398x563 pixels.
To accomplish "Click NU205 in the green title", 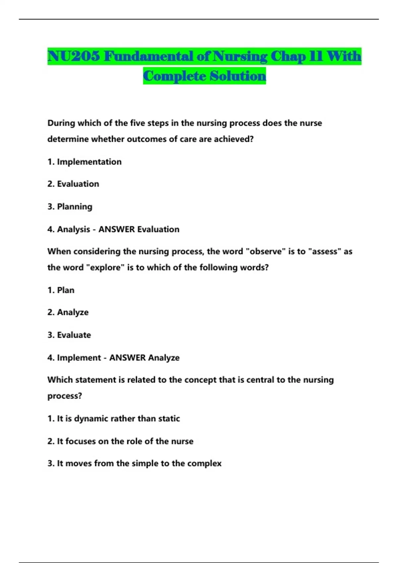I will pos(73,56).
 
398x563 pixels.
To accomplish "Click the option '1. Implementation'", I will pos(84,162).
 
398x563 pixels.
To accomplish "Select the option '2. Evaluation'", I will pos(73,184).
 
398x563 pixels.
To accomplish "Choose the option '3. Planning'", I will pos(70,207).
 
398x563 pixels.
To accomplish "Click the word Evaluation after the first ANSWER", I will pos(158,229).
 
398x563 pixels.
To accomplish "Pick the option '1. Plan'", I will pos(61,290).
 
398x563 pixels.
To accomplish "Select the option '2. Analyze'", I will pos(68,312).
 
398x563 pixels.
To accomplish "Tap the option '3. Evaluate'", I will pos(69,335).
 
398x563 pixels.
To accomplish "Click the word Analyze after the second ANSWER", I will pos(164,358).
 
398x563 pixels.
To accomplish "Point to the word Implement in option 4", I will pos(79,358).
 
